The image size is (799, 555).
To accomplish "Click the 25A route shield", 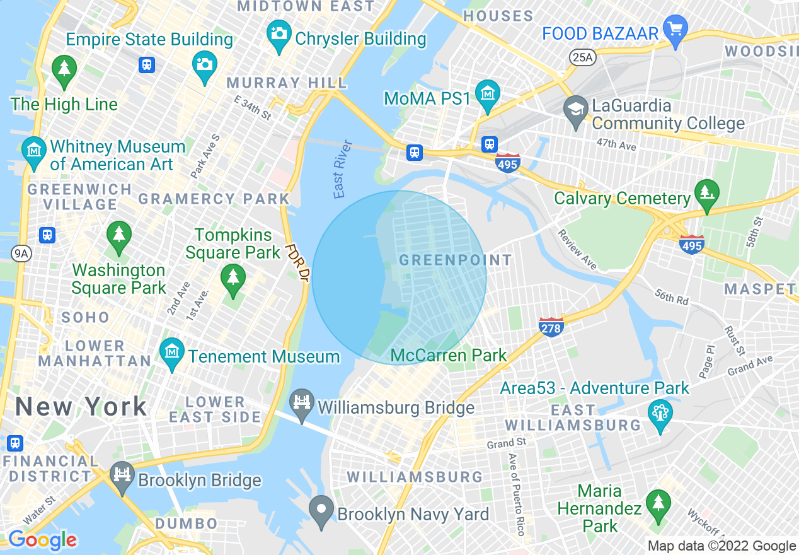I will coord(583,57).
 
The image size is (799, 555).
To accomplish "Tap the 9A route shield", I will coord(22,254).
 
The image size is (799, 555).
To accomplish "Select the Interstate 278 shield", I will coord(551,327).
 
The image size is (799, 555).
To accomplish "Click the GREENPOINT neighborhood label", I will coord(456,260).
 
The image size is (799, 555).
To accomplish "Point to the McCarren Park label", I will coord(449,355).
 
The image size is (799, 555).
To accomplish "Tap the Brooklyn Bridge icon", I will coord(122,474).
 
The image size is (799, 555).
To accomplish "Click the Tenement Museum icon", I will coord(171,352).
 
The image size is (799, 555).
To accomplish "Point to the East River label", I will coord(340,177).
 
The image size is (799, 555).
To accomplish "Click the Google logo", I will coord(42,540).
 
